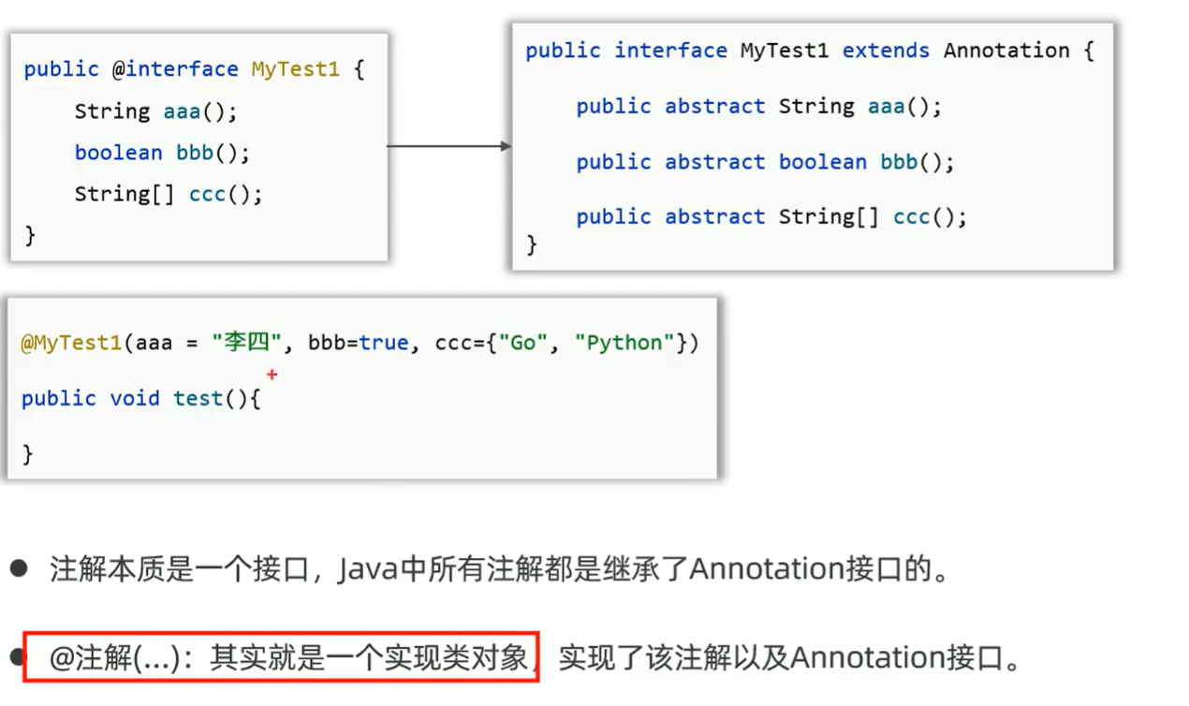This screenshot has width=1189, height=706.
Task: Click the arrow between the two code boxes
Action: click(449, 146)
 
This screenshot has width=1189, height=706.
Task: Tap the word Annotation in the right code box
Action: click(1006, 51)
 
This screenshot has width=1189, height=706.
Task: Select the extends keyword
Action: click(886, 51)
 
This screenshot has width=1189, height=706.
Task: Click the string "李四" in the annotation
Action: click(246, 343)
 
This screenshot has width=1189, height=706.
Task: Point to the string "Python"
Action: click(630, 343)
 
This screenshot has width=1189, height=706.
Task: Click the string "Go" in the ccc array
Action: click(522, 343)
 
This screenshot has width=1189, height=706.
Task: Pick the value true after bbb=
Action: click(384, 343)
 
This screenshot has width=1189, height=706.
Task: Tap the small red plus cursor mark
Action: click(272, 375)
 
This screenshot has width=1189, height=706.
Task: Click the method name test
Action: click(198, 398)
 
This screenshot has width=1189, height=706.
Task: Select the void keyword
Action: click(135, 398)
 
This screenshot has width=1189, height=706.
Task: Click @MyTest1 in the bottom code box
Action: click(71, 343)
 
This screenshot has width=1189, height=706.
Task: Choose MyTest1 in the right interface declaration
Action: click(785, 51)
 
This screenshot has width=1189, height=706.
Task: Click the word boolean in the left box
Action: click(119, 153)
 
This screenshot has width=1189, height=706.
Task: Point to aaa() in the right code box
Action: click(904, 107)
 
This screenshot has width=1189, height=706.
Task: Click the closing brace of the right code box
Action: click(532, 245)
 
